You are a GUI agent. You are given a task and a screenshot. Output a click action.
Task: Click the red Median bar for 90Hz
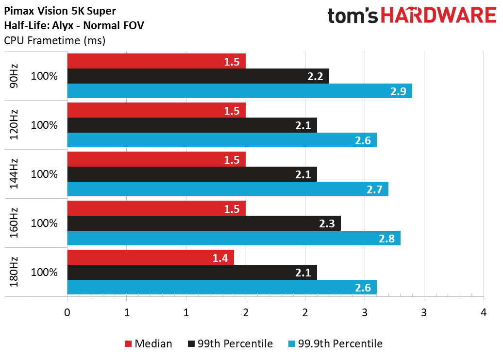pyautogui.click(x=156, y=61)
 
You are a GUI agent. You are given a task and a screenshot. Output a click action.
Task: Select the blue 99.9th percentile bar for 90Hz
pyautogui.click(x=240, y=91)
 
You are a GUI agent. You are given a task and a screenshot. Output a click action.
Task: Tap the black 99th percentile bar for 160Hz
pyautogui.click(x=204, y=223)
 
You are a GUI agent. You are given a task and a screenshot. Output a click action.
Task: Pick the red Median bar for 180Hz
pyautogui.click(x=151, y=257)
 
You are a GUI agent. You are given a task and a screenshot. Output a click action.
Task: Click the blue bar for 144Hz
pyautogui.click(x=228, y=189)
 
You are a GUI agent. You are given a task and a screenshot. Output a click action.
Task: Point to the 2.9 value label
pyautogui.click(x=398, y=91)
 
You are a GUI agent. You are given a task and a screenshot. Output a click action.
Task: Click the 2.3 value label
pyautogui.click(x=327, y=223)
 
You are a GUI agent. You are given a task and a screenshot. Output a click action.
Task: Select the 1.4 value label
pyautogui.click(x=220, y=258)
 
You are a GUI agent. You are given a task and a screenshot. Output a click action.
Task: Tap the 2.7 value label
pyautogui.click(x=374, y=189)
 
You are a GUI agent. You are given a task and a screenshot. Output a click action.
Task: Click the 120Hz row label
pyautogui.click(x=14, y=125)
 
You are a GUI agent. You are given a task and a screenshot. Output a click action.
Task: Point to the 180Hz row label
pyautogui.click(x=14, y=272)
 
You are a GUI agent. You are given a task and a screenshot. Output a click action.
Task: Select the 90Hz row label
pyautogui.click(x=14, y=76)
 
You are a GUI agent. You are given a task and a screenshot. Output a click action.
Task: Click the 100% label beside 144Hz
pyautogui.click(x=44, y=174)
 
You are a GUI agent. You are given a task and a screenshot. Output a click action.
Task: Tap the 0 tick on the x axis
pyautogui.click(x=67, y=312)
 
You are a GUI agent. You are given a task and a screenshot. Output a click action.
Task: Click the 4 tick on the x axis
pyautogui.click(x=484, y=312)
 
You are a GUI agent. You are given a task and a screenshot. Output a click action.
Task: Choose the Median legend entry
pyautogui.click(x=149, y=343)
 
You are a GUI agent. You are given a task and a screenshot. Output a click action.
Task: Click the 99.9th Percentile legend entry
pyautogui.click(x=335, y=343)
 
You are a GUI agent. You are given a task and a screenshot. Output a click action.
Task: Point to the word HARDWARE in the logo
pyautogui.click(x=438, y=16)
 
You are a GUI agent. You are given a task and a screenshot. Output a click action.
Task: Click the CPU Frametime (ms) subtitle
pyautogui.click(x=55, y=41)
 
